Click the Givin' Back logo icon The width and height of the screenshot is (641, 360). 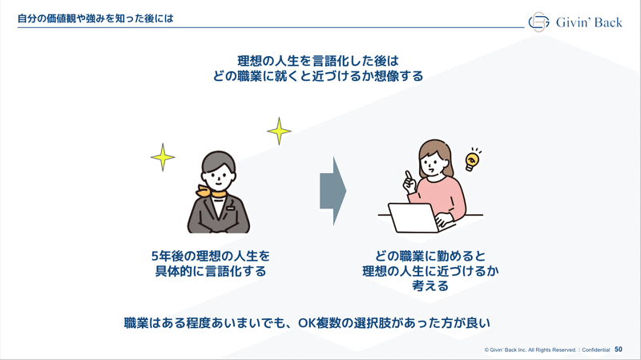pyautogui.click(x=538, y=22)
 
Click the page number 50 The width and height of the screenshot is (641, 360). pyautogui.click(x=618, y=350)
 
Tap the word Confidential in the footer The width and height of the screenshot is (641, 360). pyautogui.click(x=595, y=350)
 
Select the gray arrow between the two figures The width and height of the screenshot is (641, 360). pyautogui.click(x=333, y=191)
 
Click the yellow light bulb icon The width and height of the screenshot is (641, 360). pyautogui.click(x=472, y=160)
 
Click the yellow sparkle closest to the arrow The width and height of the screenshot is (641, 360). pyautogui.click(x=279, y=131)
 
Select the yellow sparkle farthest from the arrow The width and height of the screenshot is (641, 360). pyautogui.click(x=163, y=157)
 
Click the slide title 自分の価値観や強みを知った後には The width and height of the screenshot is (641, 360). pyautogui.click(x=95, y=18)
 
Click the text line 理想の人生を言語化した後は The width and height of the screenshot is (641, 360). pyautogui.click(x=318, y=61)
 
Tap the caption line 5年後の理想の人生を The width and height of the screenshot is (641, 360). pyautogui.click(x=211, y=256)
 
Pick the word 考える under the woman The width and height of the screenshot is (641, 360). pyautogui.click(x=430, y=285)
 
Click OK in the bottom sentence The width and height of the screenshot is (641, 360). pyautogui.click(x=306, y=323)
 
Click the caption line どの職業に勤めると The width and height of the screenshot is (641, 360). pyautogui.click(x=430, y=256)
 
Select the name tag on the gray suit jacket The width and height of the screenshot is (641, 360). pyautogui.click(x=231, y=208)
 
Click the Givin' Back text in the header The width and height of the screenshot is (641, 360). pyautogui.click(x=589, y=22)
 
